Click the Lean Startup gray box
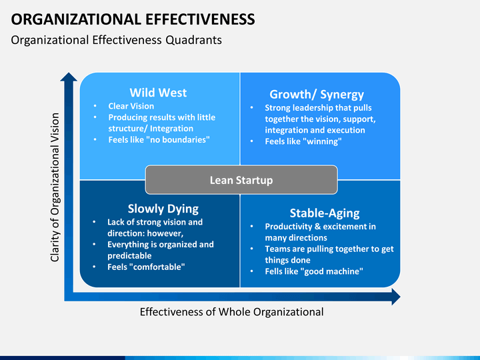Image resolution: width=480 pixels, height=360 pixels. coord(241,180)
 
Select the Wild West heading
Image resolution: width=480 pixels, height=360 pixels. coord(158,93)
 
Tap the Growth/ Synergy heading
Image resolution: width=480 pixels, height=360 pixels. coord(317,94)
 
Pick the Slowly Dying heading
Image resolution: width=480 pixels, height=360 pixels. coord(163,209)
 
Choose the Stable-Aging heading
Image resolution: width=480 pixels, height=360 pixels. coord(325,213)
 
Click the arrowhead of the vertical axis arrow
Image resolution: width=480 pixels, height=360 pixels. coord(69,77)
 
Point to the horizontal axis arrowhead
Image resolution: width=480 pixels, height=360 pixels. coord(396,297)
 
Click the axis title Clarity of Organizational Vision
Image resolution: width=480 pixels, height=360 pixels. coord(55,187)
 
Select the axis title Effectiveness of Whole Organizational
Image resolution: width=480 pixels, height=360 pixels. coord(232,312)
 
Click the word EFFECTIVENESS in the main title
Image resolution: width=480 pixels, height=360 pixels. coord(200,19)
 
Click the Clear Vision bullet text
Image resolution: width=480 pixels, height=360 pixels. coord(131,106)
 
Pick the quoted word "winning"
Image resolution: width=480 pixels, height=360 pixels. coord(324,141)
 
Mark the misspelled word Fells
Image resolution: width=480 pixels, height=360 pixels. coord(273,271)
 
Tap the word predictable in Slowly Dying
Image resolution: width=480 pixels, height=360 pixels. coord(129,255)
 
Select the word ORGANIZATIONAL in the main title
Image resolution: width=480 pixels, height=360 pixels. coord(76,19)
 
